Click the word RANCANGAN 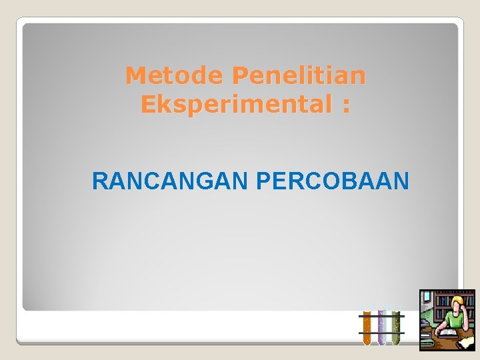pyautogui.click(x=170, y=181)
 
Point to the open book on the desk pyautogui.click(x=448, y=333)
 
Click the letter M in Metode pyautogui.click(x=135, y=75)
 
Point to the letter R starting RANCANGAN pyautogui.click(x=98, y=181)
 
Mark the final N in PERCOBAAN pyautogui.click(x=402, y=181)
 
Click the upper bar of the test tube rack pyautogui.click(x=381, y=315)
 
